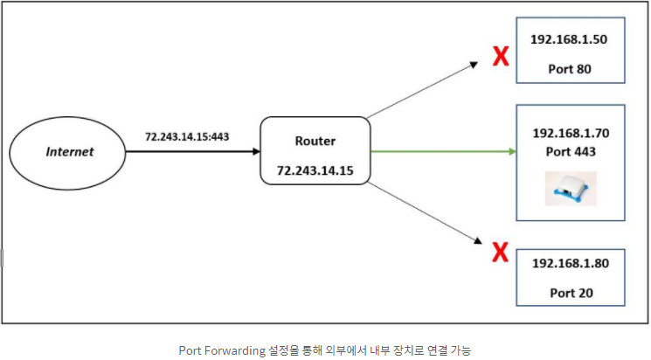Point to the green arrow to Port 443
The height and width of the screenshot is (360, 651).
point(437,151)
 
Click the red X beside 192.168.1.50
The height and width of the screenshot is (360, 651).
point(501,58)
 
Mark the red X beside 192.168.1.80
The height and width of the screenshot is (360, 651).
point(500,253)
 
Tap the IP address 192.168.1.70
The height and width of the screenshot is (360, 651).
point(571,134)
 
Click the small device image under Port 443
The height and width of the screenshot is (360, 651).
point(570,187)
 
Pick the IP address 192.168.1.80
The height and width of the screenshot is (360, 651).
point(571,263)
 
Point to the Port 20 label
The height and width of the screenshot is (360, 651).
point(571,292)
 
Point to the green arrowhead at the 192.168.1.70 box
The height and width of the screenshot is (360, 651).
point(512,151)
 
